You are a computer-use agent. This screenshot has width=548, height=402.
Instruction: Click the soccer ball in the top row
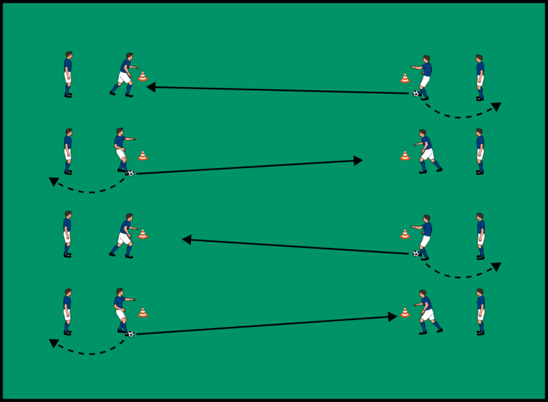point(416,93)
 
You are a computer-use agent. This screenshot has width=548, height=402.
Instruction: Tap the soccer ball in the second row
point(130,174)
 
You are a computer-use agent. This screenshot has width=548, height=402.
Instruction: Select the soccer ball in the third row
point(416,253)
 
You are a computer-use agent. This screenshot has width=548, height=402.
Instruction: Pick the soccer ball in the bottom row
point(130,334)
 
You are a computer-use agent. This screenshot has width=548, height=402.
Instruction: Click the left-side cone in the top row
point(142,76)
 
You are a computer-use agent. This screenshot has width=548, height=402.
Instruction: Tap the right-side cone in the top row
point(404,78)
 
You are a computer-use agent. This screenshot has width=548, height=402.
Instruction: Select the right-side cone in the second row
point(404,155)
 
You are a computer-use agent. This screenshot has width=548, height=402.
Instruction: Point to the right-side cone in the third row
point(404,234)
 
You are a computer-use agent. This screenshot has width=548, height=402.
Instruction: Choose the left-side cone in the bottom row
point(142,312)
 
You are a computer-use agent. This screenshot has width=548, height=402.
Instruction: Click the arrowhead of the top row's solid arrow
point(150,86)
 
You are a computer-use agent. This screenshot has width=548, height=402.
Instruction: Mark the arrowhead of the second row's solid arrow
point(359,160)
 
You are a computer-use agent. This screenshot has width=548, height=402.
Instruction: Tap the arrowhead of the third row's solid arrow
point(186,239)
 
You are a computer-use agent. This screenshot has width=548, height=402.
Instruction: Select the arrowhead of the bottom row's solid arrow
point(394,316)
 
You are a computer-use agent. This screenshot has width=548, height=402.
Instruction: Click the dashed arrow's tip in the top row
point(497,106)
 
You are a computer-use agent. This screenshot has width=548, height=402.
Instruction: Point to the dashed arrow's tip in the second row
point(53,181)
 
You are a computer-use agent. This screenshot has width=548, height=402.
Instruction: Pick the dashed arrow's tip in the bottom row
point(53,342)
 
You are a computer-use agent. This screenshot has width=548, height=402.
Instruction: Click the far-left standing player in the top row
point(68,74)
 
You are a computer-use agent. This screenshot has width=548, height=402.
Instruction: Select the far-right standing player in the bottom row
point(480,311)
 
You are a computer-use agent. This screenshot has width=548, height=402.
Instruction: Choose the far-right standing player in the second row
point(480,151)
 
